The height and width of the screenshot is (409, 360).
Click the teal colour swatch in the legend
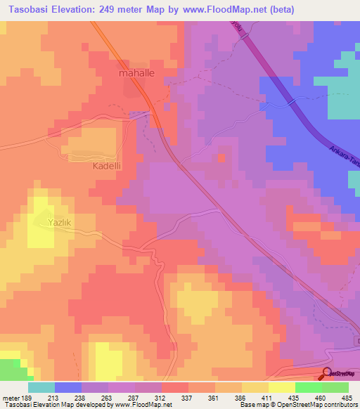coord(41,387)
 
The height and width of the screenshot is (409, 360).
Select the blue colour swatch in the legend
coord(68,387)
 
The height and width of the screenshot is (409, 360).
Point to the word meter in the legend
coord(11,398)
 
